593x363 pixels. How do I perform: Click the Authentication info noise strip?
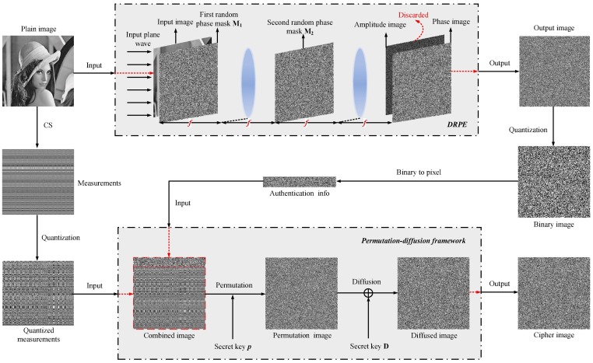tap(299, 182)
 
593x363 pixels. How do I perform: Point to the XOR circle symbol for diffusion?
tap(370, 291)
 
